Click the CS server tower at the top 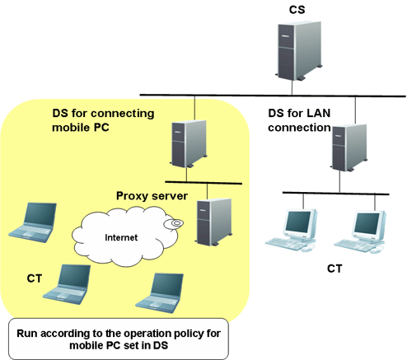click(x=299, y=51)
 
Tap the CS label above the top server click(x=297, y=10)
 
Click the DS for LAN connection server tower click(x=349, y=147)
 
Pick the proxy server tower click(x=213, y=222)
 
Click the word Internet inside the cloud click(x=121, y=237)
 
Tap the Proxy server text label click(x=152, y=196)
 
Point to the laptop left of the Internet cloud click(x=33, y=222)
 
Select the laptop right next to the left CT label click(x=67, y=284)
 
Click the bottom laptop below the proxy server click(x=160, y=293)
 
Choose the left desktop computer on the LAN click(x=292, y=230)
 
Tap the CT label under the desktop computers click(x=334, y=269)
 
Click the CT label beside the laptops click(x=35, y=278)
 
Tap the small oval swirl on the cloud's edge click(x=174, y=223)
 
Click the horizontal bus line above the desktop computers click(x=335, y=194)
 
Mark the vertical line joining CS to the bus click(x=292, y=87)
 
